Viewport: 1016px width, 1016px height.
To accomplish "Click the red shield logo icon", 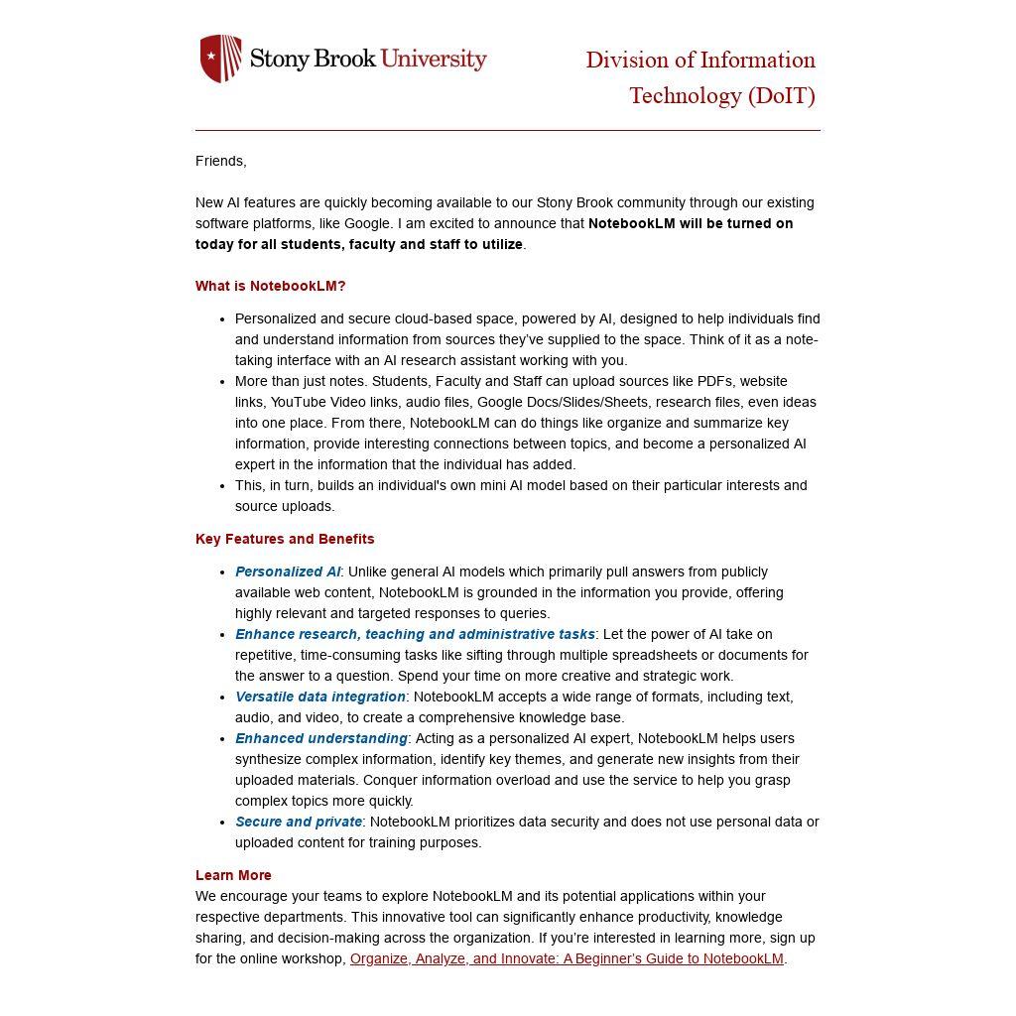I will tap(220, 59).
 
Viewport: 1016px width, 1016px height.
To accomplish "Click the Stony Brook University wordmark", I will tap(368, 59).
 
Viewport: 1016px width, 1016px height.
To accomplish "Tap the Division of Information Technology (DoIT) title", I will tap(700, 77).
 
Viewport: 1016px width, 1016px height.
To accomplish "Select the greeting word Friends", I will tap(219, 161).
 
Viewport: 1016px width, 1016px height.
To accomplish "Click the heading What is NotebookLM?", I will tap(270, 286).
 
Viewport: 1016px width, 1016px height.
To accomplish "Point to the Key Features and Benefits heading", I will tap(285, 539).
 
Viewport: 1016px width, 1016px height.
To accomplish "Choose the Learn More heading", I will tap(233, 875).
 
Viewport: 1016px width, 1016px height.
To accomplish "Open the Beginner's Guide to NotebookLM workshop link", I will tap(567, 958).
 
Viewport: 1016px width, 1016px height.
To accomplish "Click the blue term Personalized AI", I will tap(288, 571).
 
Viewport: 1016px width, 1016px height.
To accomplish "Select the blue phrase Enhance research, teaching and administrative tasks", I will tap(415, 634).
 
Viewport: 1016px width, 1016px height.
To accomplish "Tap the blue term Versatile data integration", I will tap(320, 697).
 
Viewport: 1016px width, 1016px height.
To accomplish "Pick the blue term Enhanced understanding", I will tap(321, 738).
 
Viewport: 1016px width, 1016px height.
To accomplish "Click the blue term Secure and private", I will tap(299, 822).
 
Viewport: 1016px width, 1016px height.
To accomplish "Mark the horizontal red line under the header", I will tap(507, 130).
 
